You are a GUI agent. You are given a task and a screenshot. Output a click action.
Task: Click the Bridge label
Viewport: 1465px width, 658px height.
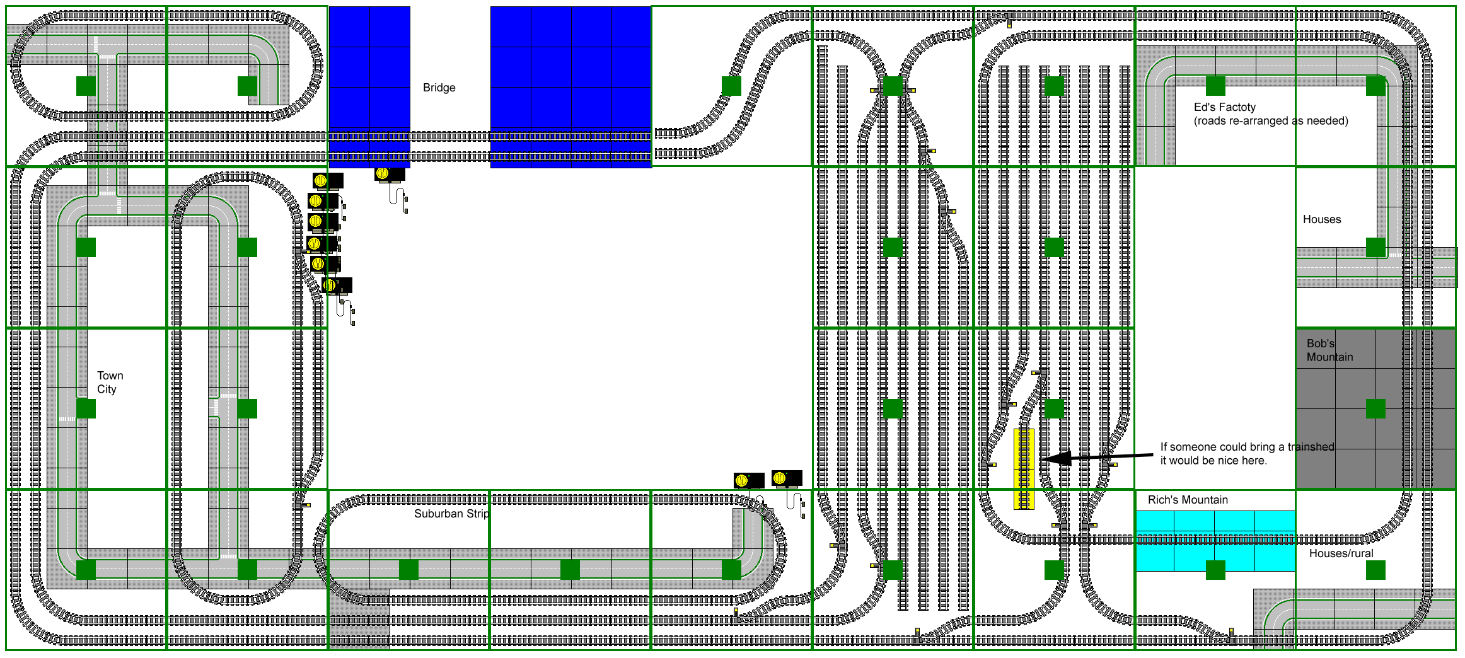439,88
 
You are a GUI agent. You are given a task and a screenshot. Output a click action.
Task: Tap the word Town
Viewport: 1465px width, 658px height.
110,376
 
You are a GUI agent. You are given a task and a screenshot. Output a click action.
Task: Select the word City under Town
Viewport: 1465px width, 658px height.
107,390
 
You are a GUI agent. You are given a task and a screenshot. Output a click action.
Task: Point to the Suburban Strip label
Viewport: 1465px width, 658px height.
451,514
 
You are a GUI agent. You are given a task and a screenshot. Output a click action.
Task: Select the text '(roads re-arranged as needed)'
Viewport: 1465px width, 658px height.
1271,121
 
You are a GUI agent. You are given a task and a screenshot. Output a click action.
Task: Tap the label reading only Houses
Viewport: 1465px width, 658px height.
1322,219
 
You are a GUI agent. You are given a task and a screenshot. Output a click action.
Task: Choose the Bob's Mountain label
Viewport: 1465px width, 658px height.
1329,350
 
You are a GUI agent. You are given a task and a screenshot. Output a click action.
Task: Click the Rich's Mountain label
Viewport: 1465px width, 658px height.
1188,500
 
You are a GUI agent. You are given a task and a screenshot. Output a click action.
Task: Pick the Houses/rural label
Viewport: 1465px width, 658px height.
1341,553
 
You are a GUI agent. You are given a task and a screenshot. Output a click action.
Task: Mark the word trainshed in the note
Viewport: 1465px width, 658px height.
1311,447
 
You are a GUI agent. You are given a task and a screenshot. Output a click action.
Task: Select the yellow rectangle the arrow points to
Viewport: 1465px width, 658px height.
1024,469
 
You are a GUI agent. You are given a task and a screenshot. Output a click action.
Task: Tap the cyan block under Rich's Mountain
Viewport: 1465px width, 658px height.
1215,541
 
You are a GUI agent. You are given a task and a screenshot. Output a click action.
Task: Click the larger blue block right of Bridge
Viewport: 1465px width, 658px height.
570,87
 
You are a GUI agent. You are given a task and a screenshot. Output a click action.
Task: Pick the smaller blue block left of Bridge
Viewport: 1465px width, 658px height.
369,87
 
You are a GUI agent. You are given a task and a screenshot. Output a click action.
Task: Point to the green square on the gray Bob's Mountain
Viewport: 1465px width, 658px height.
1375,408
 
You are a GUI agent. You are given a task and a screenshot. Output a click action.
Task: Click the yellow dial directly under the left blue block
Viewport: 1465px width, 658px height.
382,173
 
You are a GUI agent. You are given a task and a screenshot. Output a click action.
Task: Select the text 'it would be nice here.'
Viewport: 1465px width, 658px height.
1213,461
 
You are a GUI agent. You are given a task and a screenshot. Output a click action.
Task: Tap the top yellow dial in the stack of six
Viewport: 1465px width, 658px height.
320,181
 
